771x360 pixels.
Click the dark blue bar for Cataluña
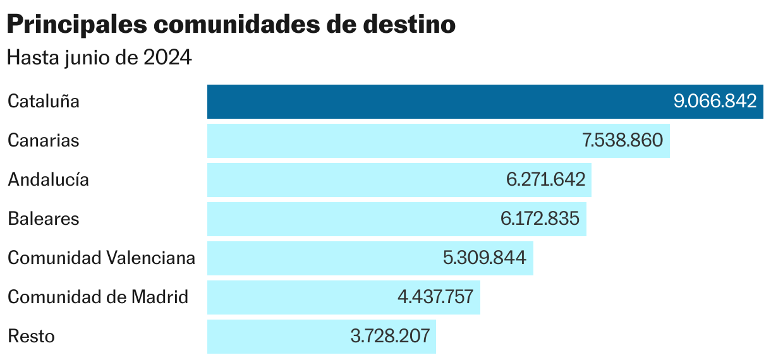click(x=436, y=102)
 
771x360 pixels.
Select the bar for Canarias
click(x=392, y=141)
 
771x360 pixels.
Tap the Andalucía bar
click(x=354, y=180)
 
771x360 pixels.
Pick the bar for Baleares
click(x=351, y=219)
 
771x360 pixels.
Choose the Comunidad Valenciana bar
click(x=322, y=258)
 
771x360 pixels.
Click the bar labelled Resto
click(x=278, y=337)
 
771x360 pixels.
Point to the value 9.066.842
click(x=715, y=102)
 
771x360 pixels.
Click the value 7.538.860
click(x=622, y=141)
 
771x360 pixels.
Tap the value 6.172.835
click(x=540, y=219)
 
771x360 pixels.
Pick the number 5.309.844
click(x=485, y=258)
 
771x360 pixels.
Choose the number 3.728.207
click(x=390, y=337)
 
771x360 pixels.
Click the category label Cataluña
click(x=44, y=102)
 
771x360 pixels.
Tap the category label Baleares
click(x=44, y=219)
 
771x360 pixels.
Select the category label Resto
click(x=31, y=337)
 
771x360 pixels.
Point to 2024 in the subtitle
click(x=167, y=57)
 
